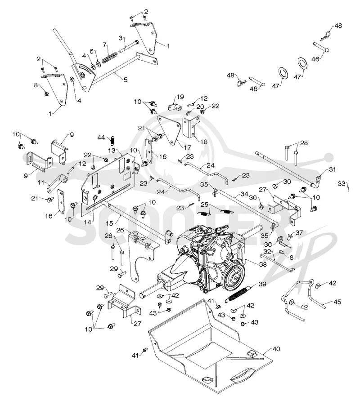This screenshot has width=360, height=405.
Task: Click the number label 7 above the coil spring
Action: pyautogui.click(x=104, y=45)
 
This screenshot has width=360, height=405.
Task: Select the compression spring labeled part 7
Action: pyautogui.click(x=109, y=58)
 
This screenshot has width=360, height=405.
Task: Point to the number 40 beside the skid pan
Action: pyautogui.click(x=276, y=349)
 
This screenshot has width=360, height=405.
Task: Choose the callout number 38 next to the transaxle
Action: pyautogui.click(x=263, y=264)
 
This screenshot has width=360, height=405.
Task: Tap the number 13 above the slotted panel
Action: pyautogui.click(x=112, y=150)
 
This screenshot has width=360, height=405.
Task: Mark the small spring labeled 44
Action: pyautogui.click(x=112, y=140)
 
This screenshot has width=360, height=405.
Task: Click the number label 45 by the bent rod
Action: pyautogui.click(x=337, y=302)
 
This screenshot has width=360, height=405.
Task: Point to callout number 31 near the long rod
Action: pyautogui.click(x=333, y=169)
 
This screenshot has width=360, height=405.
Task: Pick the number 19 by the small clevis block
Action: pyautogui.click(x=180, y=97)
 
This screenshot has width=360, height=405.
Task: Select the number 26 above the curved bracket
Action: pyautogui.click(x=120, y=230)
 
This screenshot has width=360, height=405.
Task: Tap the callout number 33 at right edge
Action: pyautogui.click(x=342, y=183)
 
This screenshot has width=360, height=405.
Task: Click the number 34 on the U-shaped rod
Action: pyautogui.click(x=244, y=194)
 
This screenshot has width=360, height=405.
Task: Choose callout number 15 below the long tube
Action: pyautogui.click(x=110, y=223)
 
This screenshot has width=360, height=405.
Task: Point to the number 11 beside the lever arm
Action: pyautogui.click(x=41, y=182)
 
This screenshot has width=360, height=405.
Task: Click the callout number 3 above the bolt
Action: pyautogui.click(x=121, y=38)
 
